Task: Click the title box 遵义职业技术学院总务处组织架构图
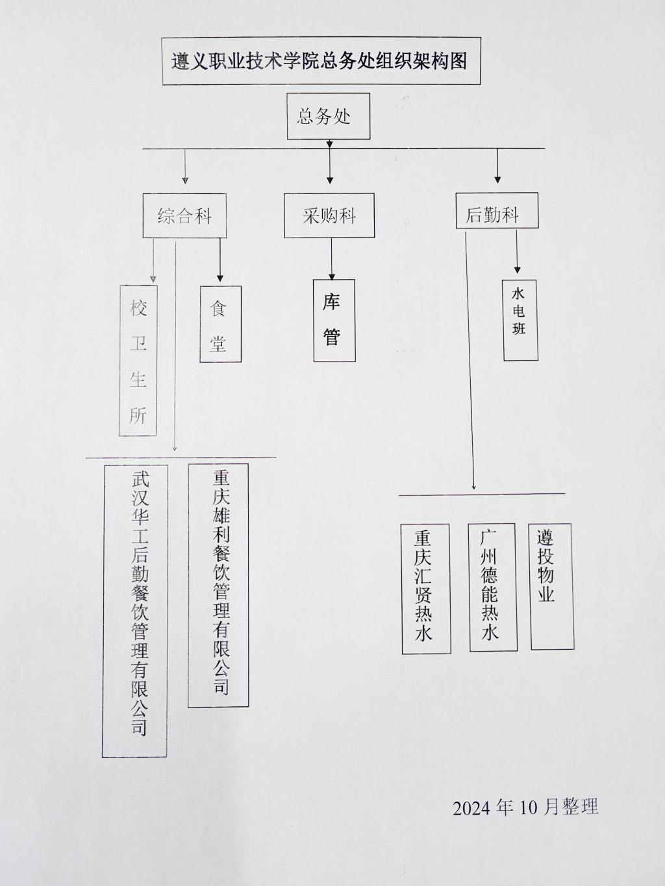pos(321,61)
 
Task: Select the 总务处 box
pos(329,116)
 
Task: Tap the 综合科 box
pos(184,215)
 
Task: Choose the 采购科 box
pos(329,215)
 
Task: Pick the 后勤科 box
pos(497,210)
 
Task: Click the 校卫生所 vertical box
pos(138,360)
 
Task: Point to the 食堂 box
pos(220,324)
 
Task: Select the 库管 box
pos(334,320)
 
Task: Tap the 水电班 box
pos(520,320)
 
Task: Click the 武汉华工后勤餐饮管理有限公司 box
pos(135,611)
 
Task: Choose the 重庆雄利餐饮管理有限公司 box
pos(218,585)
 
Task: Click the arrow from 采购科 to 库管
pos(332,259)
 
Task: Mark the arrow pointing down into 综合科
pos(185,166)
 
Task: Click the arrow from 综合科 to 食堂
pos(220,260)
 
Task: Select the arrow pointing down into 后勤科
pos(497,166)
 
